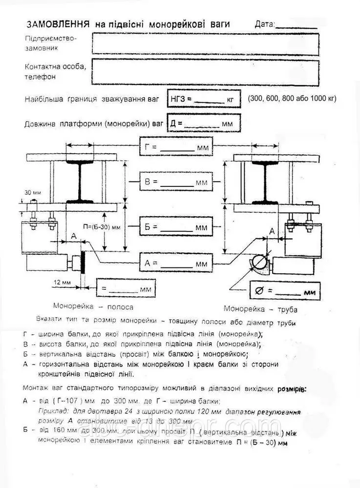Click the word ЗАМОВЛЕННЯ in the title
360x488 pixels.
click(x=57, y=24)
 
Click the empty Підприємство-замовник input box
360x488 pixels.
click(x=205, y=43)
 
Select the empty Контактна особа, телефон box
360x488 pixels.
click(x=205, y=71)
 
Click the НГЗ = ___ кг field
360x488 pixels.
click(x=203, y=99)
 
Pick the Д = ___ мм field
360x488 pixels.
click(x=203, y=123)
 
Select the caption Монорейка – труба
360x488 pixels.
click(x=260, y=309)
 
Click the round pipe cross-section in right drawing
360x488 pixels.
click(x=259, y=263)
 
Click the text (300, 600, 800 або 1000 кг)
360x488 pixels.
click(x=292, y=99)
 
